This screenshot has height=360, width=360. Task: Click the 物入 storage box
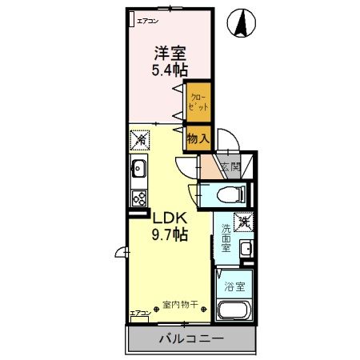tap(198, 138)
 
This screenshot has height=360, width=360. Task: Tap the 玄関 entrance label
tap(230, 167)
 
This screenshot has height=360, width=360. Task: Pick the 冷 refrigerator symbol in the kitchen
tap(137, 139)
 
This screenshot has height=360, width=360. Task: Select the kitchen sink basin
tap(137, 169)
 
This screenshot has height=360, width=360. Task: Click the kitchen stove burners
tap(137, 198)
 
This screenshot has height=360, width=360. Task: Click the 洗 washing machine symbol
tap(241, 220)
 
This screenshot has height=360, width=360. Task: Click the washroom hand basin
tap(246, 250)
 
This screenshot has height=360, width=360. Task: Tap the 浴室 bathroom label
tap(234, 285)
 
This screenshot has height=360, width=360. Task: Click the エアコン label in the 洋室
tap(148, 21)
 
